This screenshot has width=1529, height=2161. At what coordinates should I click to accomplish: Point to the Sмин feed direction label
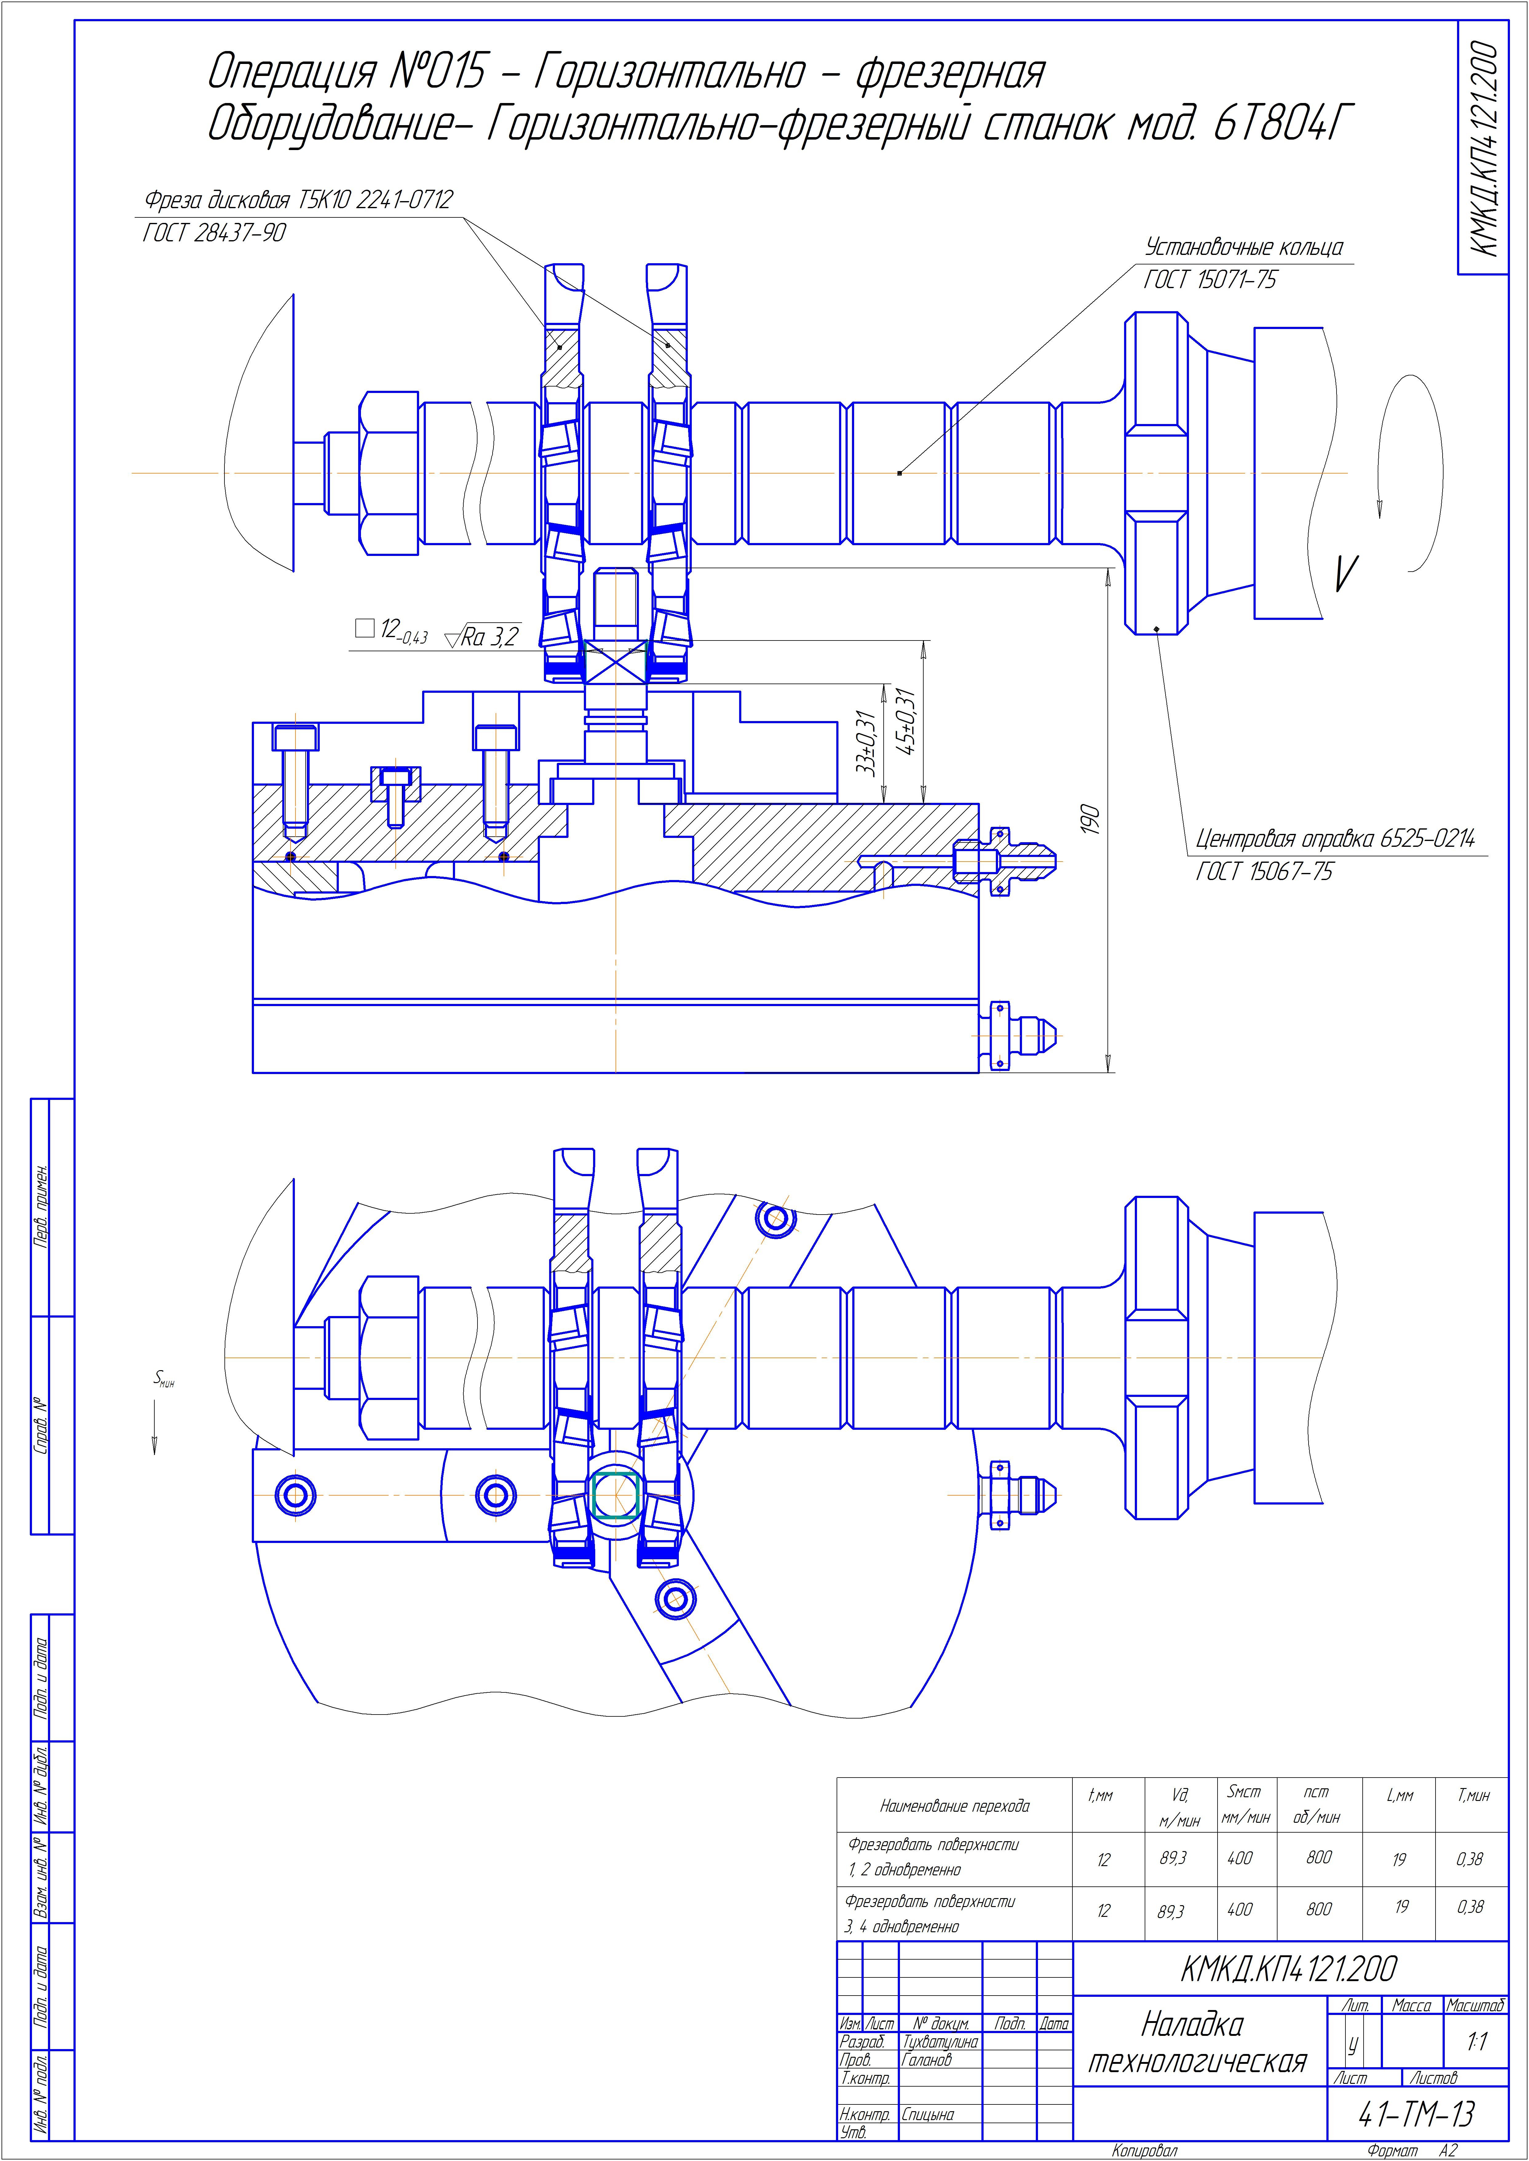click(x=164, y=1378)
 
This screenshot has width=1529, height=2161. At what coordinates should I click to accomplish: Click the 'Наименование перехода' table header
click(x=954, y=1806)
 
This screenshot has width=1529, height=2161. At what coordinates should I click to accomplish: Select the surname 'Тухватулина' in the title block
click(x=940, y=2041)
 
